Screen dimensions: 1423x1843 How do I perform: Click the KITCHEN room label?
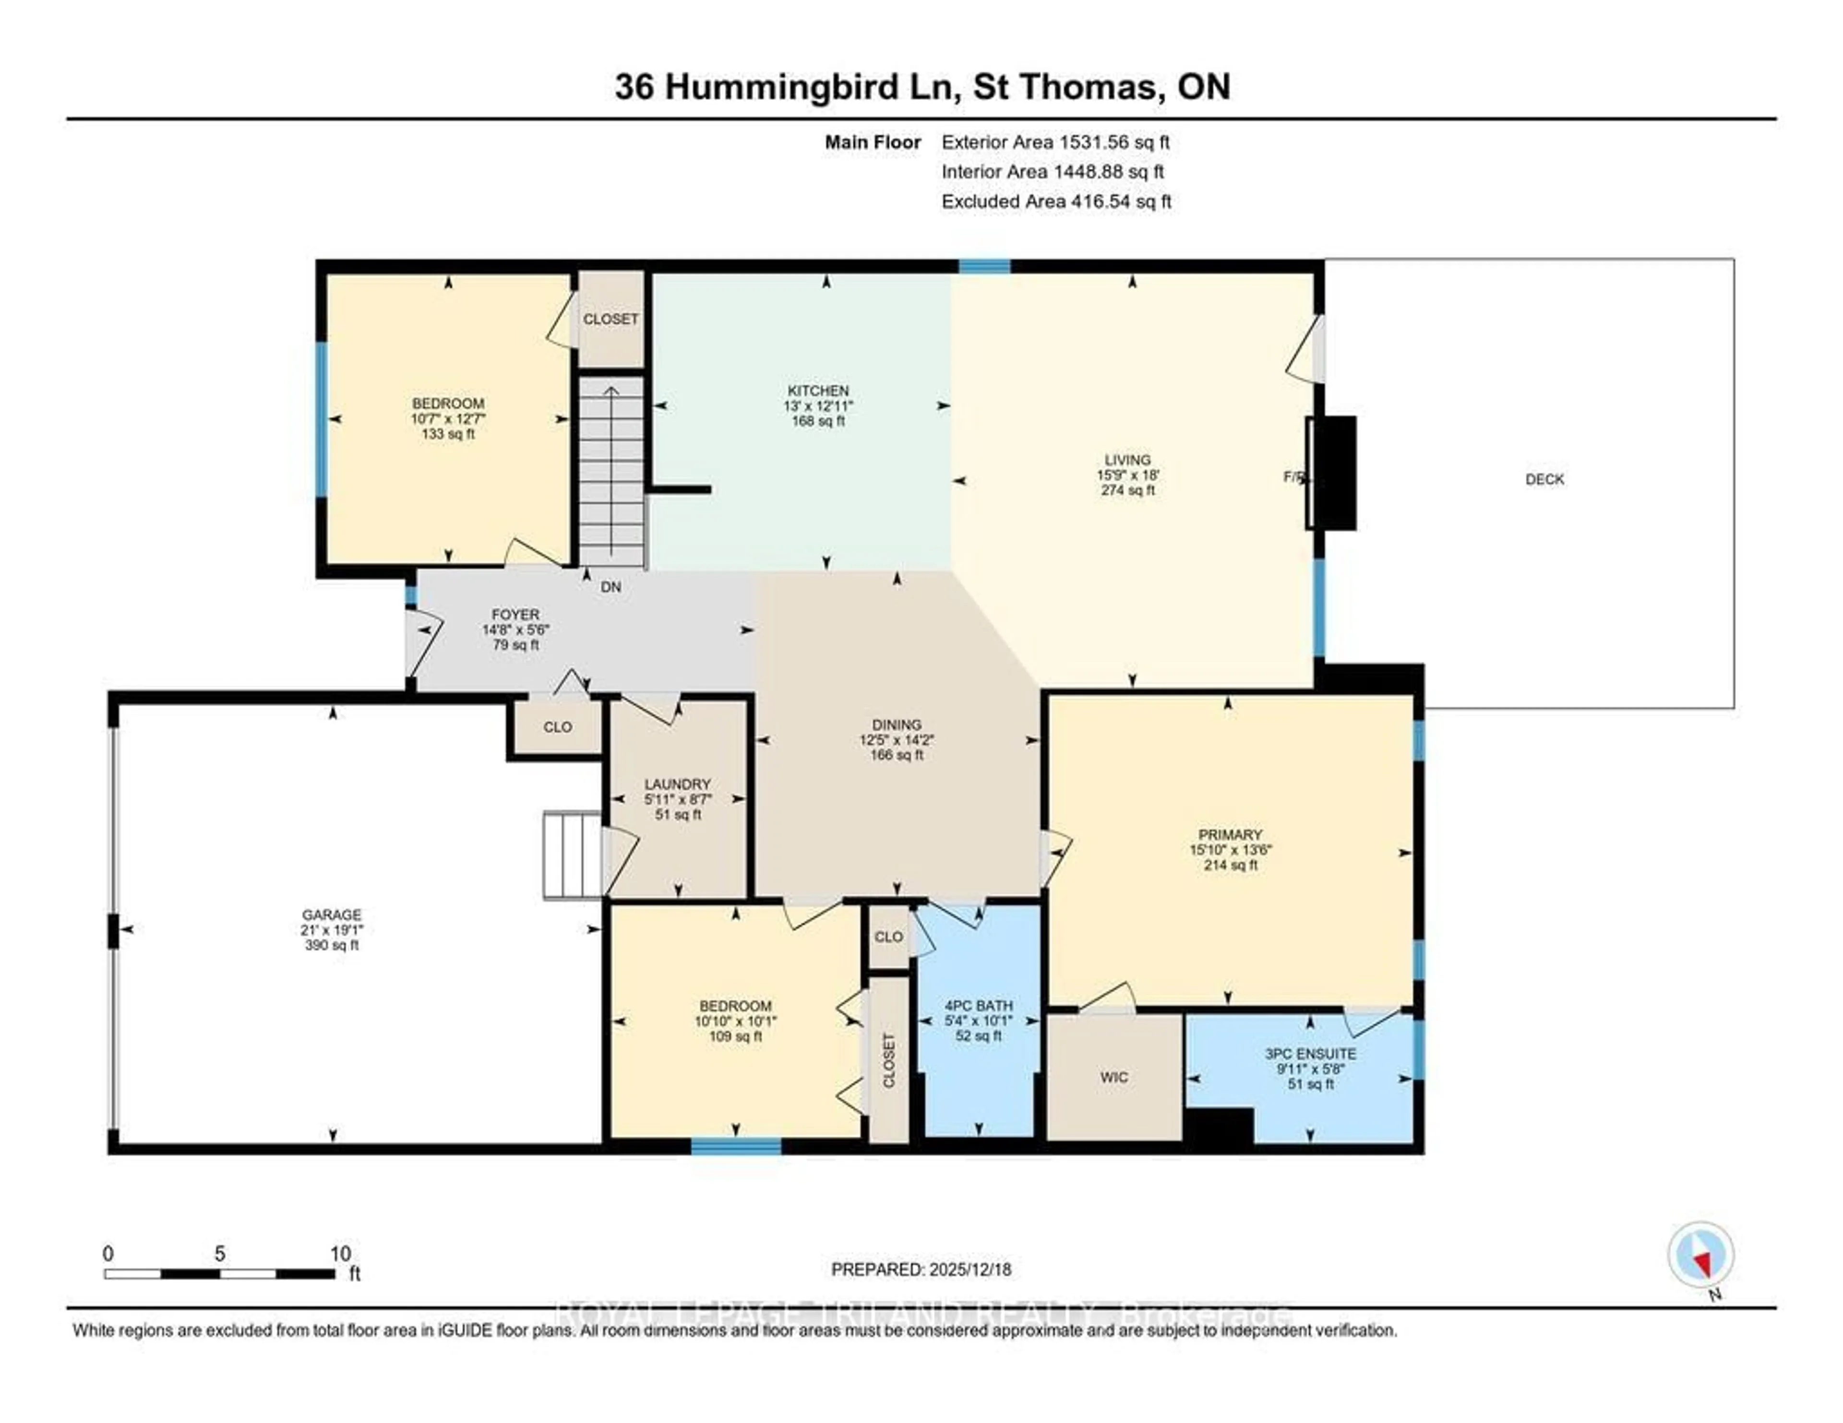[x=818, y=391]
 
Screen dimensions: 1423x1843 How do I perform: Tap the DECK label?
[x=1544, y=479]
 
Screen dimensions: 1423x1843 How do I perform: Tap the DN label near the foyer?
[x=611, y=587]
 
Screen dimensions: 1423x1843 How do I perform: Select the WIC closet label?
[x=1114, y=1077]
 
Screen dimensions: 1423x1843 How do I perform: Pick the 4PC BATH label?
[x=978, y=1006]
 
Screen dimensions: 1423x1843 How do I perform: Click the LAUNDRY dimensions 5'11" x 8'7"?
[x=678, y=799]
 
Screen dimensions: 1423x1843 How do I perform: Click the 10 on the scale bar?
[x=340, y=1254]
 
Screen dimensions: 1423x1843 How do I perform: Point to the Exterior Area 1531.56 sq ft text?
[x=1055, y=142]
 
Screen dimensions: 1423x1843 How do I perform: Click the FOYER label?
[x=515, y=615]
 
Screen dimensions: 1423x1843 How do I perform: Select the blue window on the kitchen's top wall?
[x=984, y=267]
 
